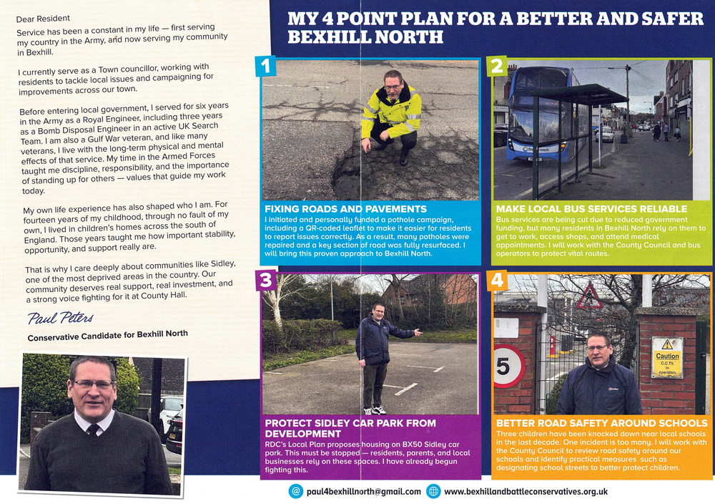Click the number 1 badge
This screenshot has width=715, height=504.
(x=265, y=67)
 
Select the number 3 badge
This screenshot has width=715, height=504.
(x=265, y=280)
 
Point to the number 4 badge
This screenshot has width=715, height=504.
(x=496, y=280)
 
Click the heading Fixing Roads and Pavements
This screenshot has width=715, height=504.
(x=345, y=209)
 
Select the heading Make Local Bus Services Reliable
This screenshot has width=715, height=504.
(x=591, y=209)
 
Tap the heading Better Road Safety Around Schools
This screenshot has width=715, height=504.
(x=601, y=423)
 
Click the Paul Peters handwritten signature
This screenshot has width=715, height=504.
(x=60, y=317)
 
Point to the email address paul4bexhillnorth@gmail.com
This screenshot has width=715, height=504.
(x=363, y=491)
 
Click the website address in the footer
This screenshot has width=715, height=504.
(x=526, y=491)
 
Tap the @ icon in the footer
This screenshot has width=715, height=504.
(x=295, y=491)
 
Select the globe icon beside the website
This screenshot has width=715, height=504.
(x=433, y=491)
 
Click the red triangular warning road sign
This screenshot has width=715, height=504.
(x=589, y=298)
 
